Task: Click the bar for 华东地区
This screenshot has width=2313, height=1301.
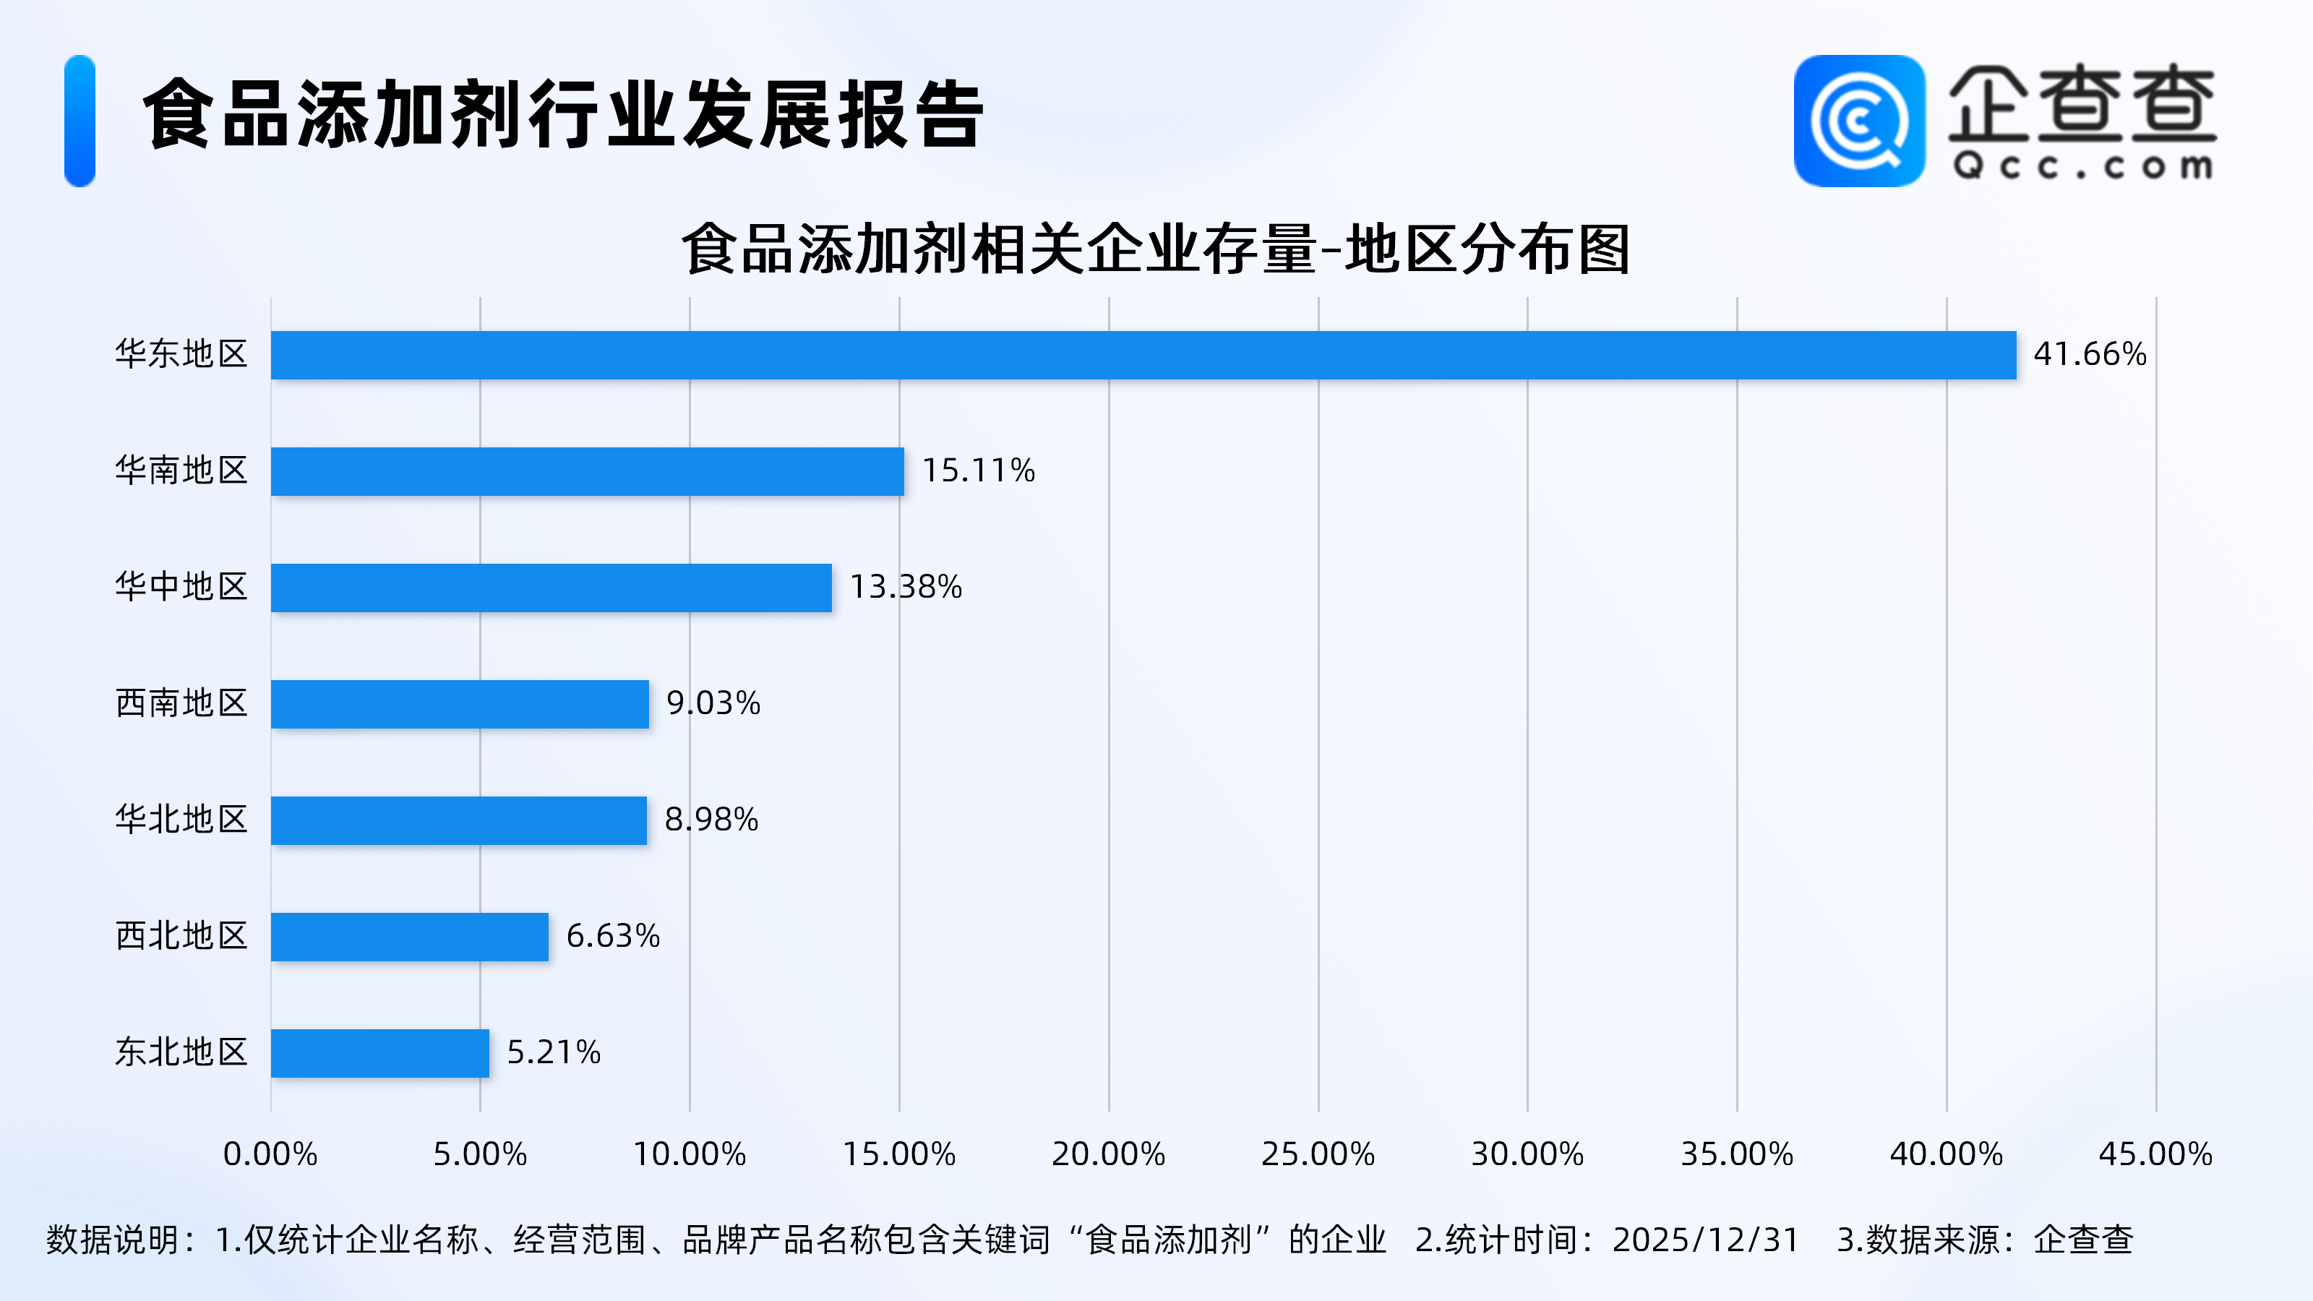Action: pyautogui.click(x=1143, y=355)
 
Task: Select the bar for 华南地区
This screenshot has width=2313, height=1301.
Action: pyautogui.click(x=587, y=471)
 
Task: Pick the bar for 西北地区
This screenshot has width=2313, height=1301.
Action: pyautogui.click(x=409, y=937)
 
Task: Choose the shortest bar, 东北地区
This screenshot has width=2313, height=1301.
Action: pyautogui.click(x=379, y=1052)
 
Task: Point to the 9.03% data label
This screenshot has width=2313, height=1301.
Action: pyautogui.click(x=713, y=703)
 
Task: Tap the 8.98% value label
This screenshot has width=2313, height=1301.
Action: pyautogui.click(x=711, y=820)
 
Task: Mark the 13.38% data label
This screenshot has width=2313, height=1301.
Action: pyautogui.click(x=905, y=587)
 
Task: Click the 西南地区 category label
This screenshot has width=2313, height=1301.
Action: pyautogui.click(x=181, y=703)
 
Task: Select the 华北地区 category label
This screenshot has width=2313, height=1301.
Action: pyautogui.click(x=181, y=820)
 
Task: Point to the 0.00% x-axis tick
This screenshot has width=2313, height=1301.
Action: pyautogui.click(x=270, y=1154)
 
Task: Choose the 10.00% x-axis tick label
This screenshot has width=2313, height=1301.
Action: pyautogui.click(x=690, y=1154)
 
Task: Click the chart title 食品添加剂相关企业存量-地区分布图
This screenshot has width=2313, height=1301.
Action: pyautogui.click(x=1156, y=249)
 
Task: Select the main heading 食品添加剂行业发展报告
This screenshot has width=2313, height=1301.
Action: pyautogui.click(x=564, y=115)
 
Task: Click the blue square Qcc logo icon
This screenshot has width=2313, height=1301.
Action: pyautogui.click(x=1858, y=121)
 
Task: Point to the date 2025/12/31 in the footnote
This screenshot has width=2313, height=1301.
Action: pyautogui.click(x=1705, y=1240)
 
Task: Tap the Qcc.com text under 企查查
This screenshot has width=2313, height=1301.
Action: pyautogui.click(x=2082, y=167)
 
